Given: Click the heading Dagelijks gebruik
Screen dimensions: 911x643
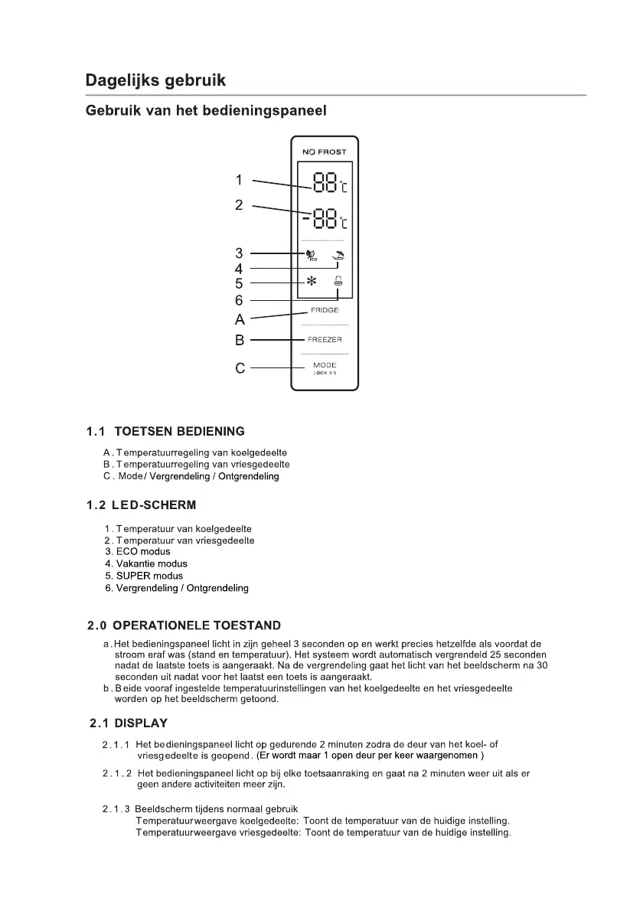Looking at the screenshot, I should coord(155,80).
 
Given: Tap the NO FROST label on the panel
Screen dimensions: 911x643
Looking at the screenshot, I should coord(324,152).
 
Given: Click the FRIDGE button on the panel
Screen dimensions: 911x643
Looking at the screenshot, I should coord(324,310).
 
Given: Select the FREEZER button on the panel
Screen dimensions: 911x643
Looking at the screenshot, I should coord(325,339).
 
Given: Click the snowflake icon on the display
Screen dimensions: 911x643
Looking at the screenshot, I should coord(312,282).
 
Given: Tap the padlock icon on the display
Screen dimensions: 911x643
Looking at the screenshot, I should coord(338,282).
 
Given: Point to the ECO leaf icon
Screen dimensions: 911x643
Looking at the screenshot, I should coord(311,256).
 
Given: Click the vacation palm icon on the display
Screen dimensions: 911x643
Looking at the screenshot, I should coord(338,256).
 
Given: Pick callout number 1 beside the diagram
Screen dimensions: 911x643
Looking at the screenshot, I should coord(239,181).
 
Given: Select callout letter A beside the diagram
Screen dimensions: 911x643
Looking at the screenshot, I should coord(240,319).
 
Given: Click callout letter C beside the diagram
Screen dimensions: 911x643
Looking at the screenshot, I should coord(240,368).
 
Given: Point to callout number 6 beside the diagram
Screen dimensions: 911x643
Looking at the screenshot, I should coord(239,301).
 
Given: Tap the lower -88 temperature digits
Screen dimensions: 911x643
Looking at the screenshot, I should coord(321,220).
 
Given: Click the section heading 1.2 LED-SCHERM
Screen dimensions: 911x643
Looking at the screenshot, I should coord(142,505).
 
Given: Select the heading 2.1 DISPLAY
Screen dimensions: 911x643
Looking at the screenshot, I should coord(128,723).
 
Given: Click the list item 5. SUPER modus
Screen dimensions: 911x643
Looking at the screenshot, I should coord(144,576).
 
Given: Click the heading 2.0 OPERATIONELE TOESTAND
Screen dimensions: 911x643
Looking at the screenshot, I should coord(184,625).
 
